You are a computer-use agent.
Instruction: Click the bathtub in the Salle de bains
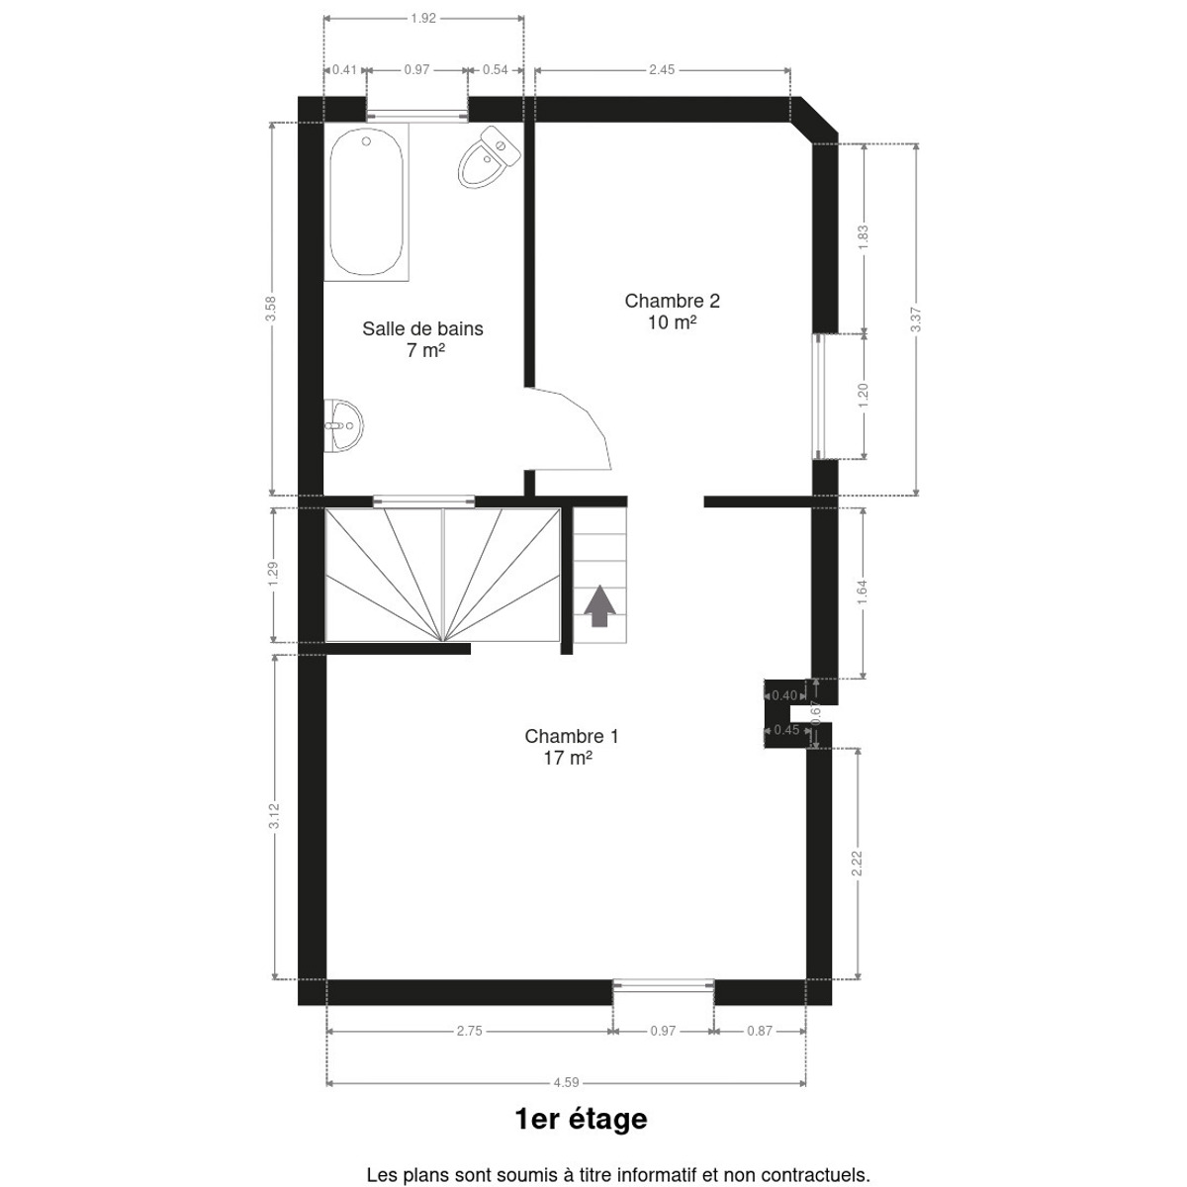pyautogui.click(x=366, y=202)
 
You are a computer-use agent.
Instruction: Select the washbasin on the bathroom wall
pyautogui.click(x=342, y=425)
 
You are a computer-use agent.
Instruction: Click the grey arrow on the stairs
pyautogui.click(x=599, y=605)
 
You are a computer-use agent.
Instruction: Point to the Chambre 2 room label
pyautogui.click(x=672, y=311)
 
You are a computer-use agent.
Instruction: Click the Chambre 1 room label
pyautogui.click(x=571, y=747)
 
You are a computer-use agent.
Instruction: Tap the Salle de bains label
pyautogui.click(x=422, y=339)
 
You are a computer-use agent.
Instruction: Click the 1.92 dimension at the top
pyautogui.click(x=423, y=19)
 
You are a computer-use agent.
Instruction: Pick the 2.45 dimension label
pyautogui.click(x=662, y=69)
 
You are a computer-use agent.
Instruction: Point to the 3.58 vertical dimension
pyautogui.click(x=270, y=309)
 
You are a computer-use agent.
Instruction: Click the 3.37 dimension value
pyautogui.click(x=915, y=320)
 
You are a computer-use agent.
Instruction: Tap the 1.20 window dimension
pyautogui.click(x=863, y=396)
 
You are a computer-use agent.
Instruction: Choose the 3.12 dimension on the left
pyautogui.click(x=274, y=815)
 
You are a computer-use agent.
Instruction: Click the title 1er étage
pyautogui.click(x=581, y=1119)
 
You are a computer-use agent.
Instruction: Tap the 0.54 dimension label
pyautogui.click(x=496, y=69)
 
